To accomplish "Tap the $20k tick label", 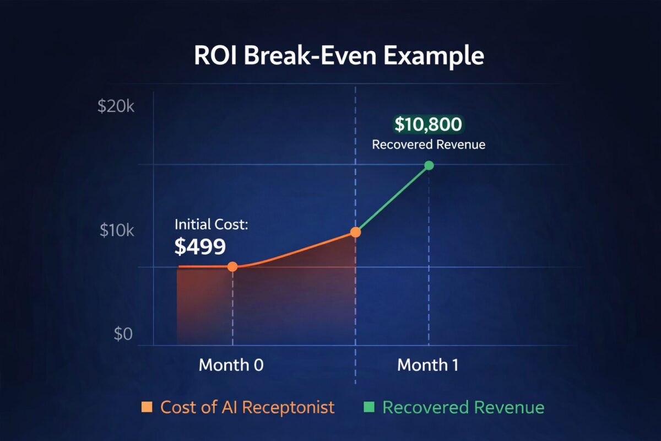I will coord(116,106).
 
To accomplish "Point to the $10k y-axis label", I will coord(117,230).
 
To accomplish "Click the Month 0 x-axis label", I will coord(231,365).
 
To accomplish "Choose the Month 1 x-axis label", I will coord(428,365).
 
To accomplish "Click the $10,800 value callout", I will coord(428,125).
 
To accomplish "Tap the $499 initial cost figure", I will coord(200,247).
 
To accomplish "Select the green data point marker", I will coord(429,165).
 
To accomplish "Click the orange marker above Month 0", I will coord(232,267).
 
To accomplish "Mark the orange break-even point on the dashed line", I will coord(356,232).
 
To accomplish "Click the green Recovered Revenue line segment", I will coord(392,199).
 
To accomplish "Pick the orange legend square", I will coord(147,407).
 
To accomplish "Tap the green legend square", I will coord(370,407).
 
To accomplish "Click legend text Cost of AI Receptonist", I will coord(247,407).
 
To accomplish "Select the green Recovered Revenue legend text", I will coord(463,407).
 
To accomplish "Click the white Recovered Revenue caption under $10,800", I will coord(429,145).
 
